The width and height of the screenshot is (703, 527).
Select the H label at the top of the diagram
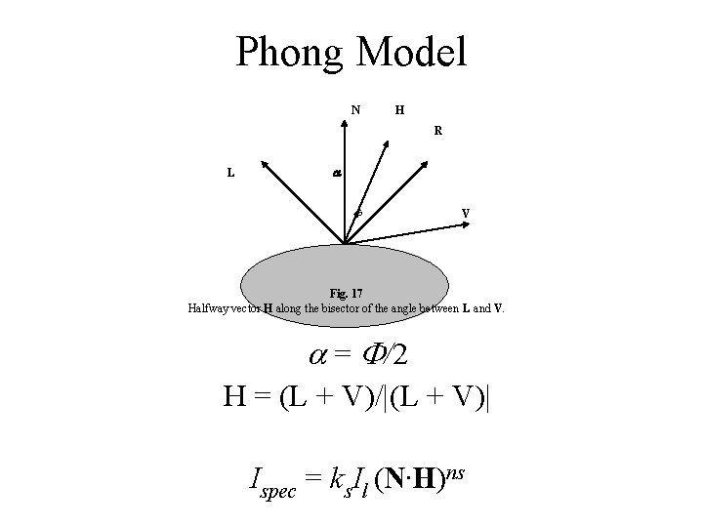pos(400,109)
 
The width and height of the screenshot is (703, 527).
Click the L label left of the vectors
pos(230,173)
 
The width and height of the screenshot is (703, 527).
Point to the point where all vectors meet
pos(344,244)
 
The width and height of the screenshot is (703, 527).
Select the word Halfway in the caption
pos(212,308)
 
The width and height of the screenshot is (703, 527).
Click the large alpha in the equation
pos(318,356)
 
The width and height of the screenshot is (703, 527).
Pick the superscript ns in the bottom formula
pos(455,471)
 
